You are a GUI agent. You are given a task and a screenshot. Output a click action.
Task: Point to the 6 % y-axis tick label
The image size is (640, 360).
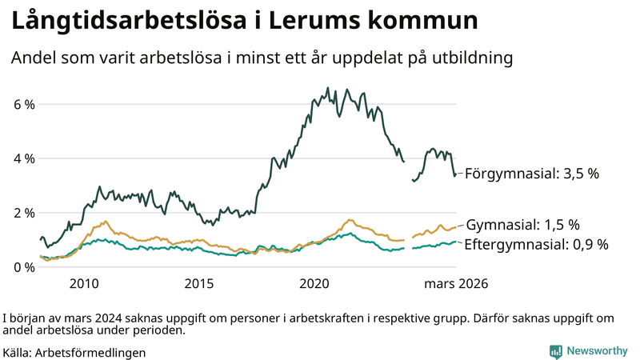point(24,104)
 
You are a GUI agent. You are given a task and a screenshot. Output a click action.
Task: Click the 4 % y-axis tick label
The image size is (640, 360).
point(24,158)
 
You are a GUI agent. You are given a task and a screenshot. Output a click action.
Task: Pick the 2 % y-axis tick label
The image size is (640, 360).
point(24,213)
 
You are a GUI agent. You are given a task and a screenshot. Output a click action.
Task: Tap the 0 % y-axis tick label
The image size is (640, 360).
point(24,267)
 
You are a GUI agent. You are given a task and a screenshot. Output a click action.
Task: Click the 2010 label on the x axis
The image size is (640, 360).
point(84,284)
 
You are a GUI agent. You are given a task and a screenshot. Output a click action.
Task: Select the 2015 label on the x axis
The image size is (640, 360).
point(199,284)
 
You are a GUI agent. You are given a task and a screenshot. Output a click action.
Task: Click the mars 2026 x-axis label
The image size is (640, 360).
point(456,284)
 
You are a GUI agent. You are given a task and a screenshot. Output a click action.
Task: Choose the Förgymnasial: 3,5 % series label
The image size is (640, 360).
point(531,173)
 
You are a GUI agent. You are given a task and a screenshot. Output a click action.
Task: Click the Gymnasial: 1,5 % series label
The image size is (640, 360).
point(523,225)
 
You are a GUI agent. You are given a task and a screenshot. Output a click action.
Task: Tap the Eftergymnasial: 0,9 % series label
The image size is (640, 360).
point(536,245)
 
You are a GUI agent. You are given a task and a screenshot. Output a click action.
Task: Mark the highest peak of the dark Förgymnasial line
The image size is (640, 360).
point(328,88)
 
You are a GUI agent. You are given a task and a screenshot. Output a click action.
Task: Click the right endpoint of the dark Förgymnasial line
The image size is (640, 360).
point(456,174)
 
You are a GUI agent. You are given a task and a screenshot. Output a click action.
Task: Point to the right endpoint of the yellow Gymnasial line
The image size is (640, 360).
point(456,227)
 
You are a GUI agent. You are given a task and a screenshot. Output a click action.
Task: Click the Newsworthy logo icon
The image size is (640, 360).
point(555,351)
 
